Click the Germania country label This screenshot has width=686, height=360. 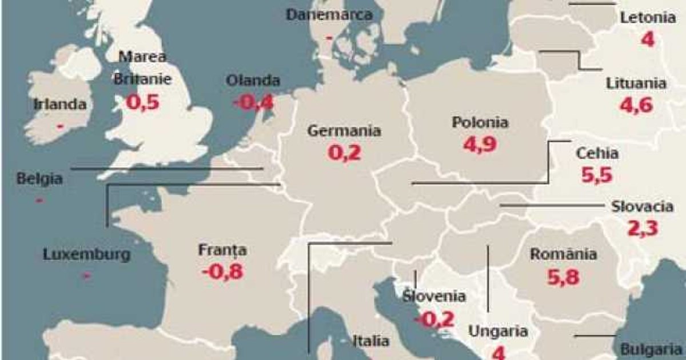click(x=344, y=130)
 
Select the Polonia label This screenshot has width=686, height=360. click(x=480, y=122)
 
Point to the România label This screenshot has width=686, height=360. click(x=564, y=254)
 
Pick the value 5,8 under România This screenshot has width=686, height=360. click(x=563, y=277)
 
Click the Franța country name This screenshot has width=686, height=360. click(x=222, y=250)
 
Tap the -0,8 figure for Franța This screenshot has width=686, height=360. click(x=222, y=271)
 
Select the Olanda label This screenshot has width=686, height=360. click(x=253, y=81)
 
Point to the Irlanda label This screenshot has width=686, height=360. click(x=60, y=105)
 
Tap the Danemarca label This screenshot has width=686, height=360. click(x=329, y=15)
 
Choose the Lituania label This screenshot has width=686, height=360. click(x=636, y=83)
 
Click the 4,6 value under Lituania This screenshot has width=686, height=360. click(x=636, y=105)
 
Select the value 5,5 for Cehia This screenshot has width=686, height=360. click(x=597, y=175)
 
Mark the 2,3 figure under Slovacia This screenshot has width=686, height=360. click(x=643, y=228)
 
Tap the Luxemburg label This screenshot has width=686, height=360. click(x=87, y=255)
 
